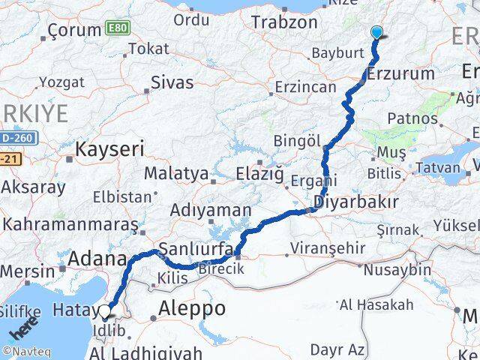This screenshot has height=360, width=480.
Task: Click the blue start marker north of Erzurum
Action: (376, 32)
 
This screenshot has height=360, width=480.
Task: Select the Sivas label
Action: (172, 82)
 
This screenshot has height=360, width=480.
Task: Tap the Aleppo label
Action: (192, 308)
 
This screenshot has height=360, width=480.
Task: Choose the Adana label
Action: (97, 259)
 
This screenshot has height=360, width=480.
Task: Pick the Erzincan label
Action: (305, 87)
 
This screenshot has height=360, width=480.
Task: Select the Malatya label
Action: (175, 173)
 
